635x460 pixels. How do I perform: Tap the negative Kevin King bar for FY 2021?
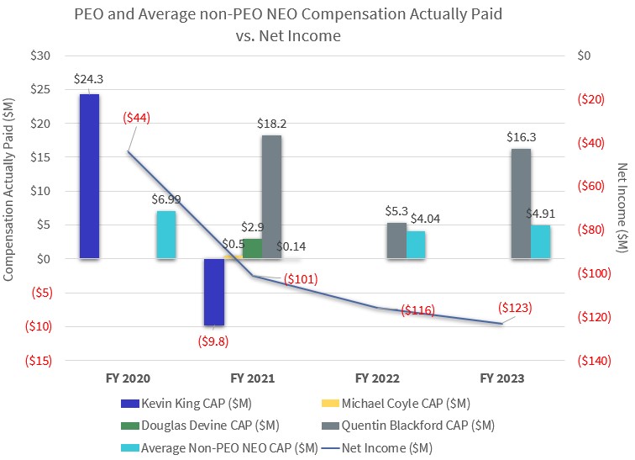214,291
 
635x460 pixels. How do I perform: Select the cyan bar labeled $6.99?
166,235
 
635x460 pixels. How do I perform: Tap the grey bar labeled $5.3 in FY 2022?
396,241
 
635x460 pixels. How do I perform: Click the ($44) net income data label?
136,119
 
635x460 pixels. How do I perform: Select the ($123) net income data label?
514,308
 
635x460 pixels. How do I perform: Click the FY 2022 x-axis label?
378,378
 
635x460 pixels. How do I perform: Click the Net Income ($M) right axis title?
622,207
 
